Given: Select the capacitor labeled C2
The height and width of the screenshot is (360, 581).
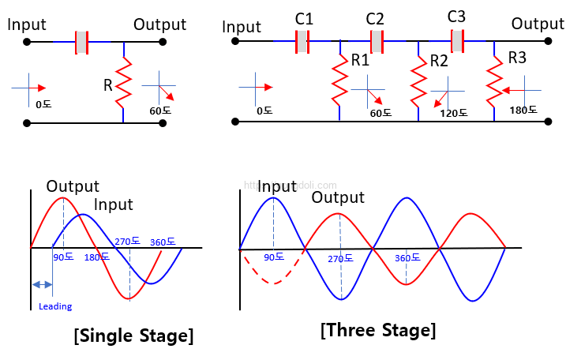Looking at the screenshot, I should [377, 41].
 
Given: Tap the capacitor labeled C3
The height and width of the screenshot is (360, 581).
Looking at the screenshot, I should [456, 39].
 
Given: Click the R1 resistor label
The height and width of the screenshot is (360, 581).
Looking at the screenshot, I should [360, 59].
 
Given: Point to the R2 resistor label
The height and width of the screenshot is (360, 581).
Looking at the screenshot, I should [439, 61].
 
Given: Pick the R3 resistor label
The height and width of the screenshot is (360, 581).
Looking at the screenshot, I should [517, 58].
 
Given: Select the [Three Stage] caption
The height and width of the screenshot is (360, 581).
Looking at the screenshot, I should [378, 329].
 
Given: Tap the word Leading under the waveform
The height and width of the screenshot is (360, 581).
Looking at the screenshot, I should [54, 306].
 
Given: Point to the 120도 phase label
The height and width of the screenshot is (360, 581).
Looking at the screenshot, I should [453, 113].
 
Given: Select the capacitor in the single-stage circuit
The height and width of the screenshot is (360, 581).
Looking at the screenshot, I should [81, 41].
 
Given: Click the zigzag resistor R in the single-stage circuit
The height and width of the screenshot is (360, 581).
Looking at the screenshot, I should [123, 84].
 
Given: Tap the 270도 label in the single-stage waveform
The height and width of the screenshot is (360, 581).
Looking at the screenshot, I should [127, 242].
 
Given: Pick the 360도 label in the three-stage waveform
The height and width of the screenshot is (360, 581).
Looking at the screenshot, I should [407, 257].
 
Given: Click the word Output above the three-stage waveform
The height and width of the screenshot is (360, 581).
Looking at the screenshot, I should [338, 197].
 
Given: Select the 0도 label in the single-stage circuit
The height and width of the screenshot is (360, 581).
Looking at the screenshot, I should [43, 104].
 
